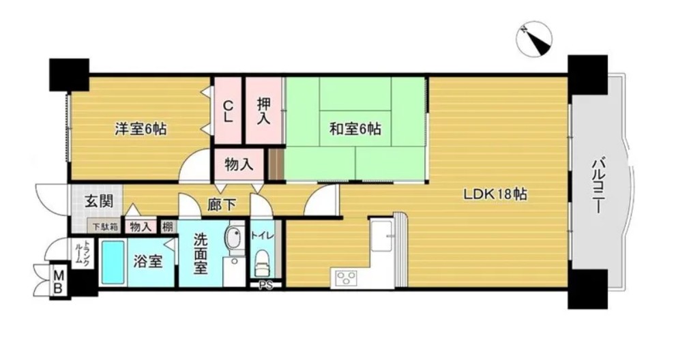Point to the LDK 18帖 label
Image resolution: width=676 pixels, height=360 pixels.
(495, 194)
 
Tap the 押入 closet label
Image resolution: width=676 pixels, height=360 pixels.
(263, 111)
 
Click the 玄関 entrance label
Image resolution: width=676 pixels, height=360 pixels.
(99, 201)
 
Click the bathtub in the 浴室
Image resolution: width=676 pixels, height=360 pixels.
(113, 262)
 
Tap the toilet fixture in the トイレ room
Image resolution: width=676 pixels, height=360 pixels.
(262, 263)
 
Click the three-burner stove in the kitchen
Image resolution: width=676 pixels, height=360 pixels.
(347, 276)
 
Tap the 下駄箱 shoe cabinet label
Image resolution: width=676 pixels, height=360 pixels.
(105, 226)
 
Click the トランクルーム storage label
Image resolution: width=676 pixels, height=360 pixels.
(82, 254)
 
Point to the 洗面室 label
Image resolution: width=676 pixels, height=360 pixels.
(200, 253)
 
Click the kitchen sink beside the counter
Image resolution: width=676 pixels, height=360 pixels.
(382, 235)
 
